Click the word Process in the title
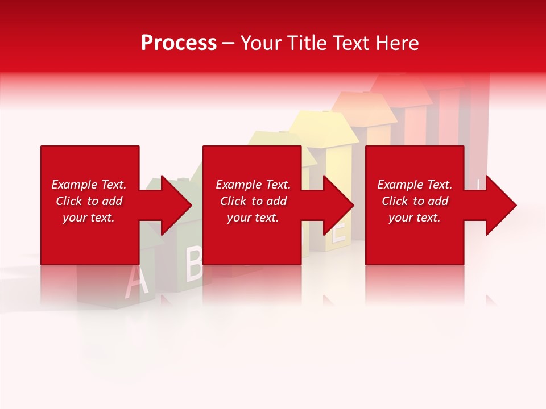(x=179, y=43)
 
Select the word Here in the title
(x=396, y=43)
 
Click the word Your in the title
(x=260, y=43)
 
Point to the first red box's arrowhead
(x=176, y=205)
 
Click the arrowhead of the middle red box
(x=338, y=205)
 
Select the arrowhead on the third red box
(x=500, y=205)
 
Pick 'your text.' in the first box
(x=89, y=218)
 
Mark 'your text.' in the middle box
(x=253, y=218)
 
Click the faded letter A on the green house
(x=133, y=282)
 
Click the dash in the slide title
(x=229, y=43)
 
